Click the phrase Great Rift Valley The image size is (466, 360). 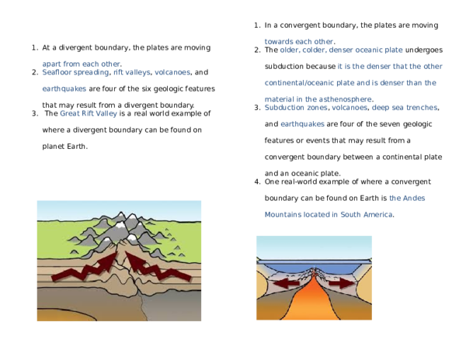click(89, 113)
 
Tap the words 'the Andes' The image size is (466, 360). click(407, 198)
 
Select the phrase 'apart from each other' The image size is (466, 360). click(70, 62)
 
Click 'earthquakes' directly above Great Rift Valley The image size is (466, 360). click(64, 88)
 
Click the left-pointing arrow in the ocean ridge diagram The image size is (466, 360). click(286, 284)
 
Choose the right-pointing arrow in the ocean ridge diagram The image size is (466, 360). click(341, 284)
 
